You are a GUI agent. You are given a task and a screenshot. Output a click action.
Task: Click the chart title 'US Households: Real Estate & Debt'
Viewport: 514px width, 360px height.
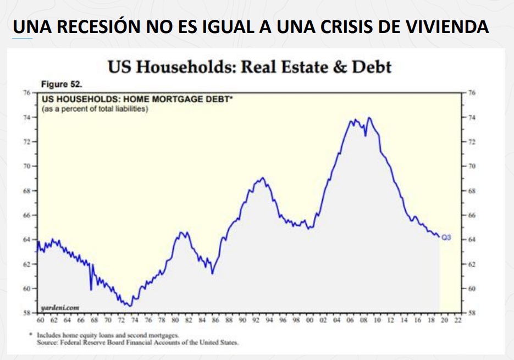pos(249,67)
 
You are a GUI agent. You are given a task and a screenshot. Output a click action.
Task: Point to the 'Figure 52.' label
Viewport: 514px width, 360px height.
pos(62,84)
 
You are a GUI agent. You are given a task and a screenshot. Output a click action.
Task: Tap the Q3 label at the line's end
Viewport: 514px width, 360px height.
pos(447,237)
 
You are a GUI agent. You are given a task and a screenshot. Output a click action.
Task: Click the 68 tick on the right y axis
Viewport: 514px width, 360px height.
pos(471,191)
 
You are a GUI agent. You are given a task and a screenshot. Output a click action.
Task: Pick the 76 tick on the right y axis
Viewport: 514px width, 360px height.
pos(471,93)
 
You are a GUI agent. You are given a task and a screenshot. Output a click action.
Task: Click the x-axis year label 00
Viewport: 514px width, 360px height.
pos(310,319)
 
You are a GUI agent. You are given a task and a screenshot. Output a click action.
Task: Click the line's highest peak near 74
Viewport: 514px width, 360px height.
pos(369,118)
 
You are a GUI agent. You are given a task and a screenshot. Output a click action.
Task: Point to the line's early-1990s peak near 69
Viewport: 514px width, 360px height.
pos(263,178)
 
